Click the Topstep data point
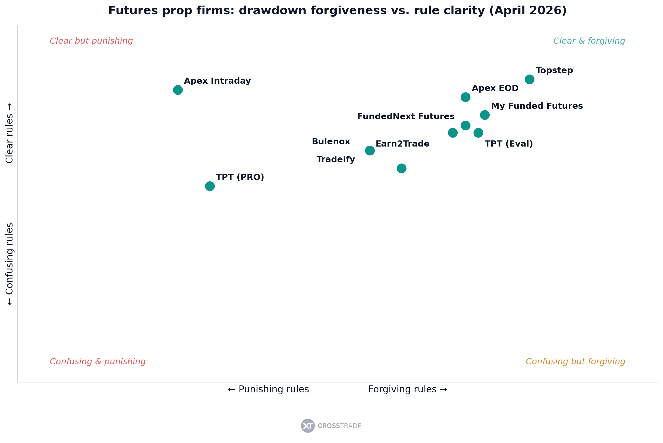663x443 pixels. [529, 79]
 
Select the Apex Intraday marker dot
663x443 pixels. [178, 90]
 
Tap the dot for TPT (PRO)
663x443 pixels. [210, 186]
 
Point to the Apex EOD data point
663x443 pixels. [465, 97]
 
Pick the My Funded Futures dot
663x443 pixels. [485, 115]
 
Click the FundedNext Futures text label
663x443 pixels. [406, 117]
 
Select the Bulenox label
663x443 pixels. [331, 142]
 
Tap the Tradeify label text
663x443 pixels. [336, 159]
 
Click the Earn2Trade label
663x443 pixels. [402, 144]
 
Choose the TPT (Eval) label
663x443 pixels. [509, 144]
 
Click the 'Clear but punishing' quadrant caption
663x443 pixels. [91, 41]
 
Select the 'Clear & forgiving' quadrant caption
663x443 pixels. [589, 41]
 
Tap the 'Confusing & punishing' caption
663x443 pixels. [98, 362]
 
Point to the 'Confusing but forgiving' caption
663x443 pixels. [575, 362]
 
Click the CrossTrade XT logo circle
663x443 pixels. [308, 426]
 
